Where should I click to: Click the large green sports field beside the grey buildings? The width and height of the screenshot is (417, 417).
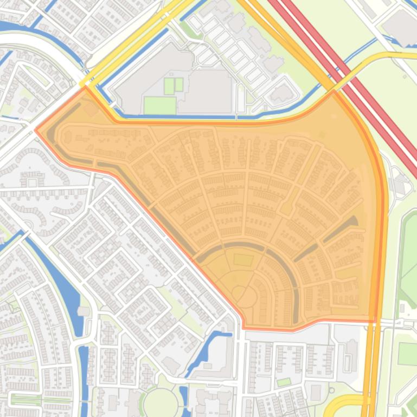160,105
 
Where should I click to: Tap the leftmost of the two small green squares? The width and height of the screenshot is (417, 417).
169,86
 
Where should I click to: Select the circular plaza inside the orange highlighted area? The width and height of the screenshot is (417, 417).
239,294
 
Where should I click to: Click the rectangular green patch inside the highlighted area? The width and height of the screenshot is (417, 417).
243,260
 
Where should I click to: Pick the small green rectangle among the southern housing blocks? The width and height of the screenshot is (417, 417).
284,382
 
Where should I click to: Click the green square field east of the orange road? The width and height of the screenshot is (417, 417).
407,353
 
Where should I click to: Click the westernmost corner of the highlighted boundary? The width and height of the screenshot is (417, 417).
36,130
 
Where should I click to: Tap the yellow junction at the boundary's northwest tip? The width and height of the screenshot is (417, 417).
84,85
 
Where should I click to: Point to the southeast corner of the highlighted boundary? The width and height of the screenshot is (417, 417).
375,321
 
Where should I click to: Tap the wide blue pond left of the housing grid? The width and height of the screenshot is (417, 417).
54,276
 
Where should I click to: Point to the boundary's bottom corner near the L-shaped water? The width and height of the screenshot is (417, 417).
243,327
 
